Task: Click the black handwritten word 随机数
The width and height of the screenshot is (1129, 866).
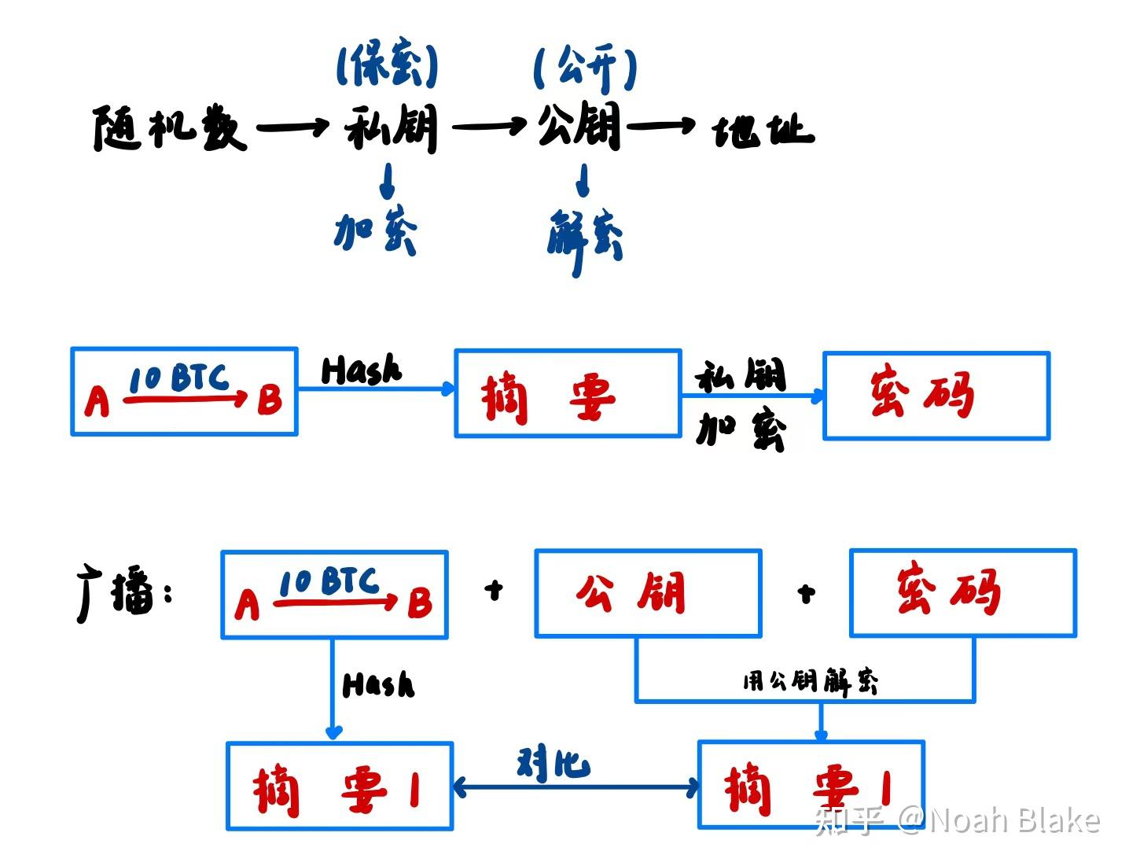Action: click(169, 128)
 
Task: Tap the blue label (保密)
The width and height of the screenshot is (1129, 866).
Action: click(387, 66)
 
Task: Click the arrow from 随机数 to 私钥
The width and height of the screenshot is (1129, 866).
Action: click(292, 127)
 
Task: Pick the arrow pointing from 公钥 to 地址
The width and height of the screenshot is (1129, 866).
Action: click(661, 124)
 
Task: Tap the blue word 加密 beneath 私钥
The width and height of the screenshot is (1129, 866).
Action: click(376, 232)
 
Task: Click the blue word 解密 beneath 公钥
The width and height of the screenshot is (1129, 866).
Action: click(585, 237)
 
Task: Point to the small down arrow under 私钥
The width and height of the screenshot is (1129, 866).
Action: click(387, 181)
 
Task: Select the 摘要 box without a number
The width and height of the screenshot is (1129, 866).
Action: click(568, 392)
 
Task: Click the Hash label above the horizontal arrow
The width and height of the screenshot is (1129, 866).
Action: click(361, 370)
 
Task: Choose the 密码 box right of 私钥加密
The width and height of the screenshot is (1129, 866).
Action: click(936, 396)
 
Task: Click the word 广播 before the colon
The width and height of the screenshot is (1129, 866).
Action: click(116, 594)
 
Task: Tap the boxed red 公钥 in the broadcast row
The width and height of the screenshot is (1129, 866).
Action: click(648, 593)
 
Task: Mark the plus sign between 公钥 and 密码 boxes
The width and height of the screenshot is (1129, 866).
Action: click(806, 593)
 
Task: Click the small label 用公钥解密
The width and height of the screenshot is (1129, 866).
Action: click(810, 681)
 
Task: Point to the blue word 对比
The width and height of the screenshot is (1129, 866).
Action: click(553, 764)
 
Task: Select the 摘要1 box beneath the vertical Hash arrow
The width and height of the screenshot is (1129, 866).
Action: click(340, 786)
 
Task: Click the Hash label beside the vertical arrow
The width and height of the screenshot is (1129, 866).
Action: click(378, 684)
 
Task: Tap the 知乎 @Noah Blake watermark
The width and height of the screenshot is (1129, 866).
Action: click(957, 820)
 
